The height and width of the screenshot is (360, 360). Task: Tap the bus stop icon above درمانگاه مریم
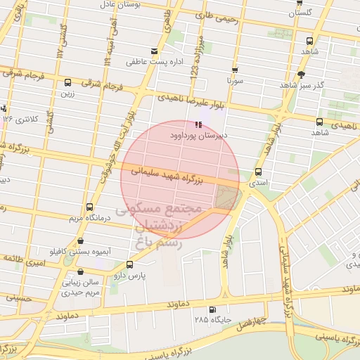tap(89, 207)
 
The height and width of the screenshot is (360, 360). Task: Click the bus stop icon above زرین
tap(67, 82)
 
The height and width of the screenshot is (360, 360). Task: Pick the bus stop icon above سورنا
tap(234, 70)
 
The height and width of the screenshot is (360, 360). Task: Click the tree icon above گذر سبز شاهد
tap(302, 75)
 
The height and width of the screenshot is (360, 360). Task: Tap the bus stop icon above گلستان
tap(300, 2)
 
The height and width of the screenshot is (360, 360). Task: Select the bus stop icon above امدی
tap(258, 172)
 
